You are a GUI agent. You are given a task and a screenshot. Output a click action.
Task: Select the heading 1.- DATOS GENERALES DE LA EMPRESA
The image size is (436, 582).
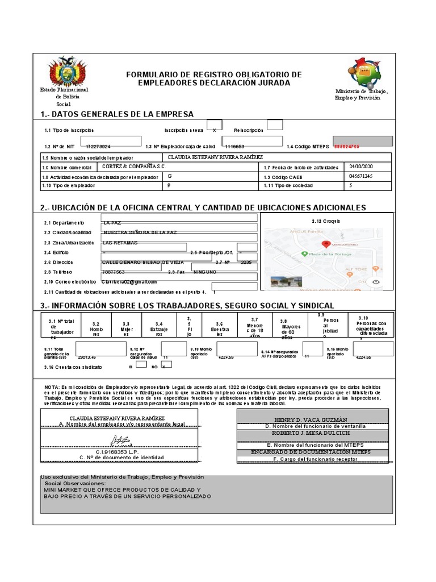click(x=117, y=114)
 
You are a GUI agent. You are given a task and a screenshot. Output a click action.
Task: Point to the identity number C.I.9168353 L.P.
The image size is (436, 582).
click(x=116, y=451)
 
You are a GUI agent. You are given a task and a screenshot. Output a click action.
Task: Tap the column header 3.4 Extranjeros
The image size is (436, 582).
click(x=158, y=329)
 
